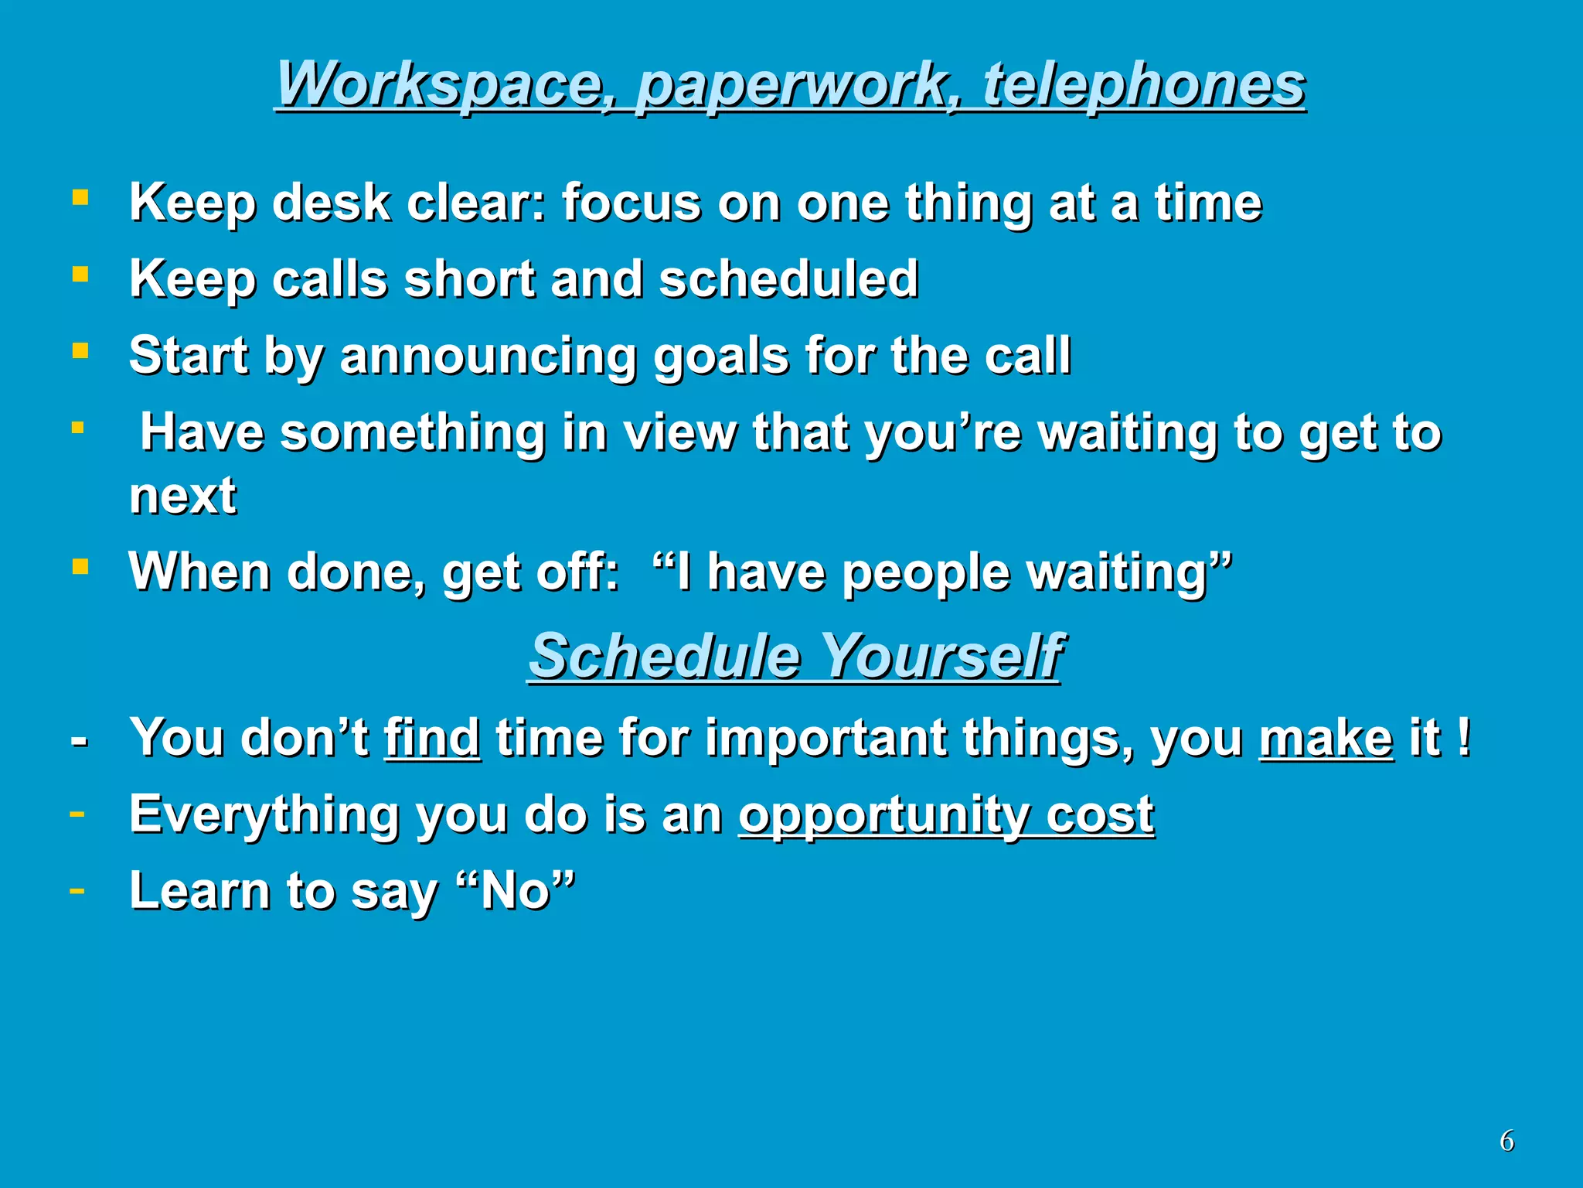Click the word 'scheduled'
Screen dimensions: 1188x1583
click(x=788, y=278)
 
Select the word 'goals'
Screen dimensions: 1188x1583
click(x=721, y=357)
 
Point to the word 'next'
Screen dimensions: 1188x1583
click(x=182, y=495)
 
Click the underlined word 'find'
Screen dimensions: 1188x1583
click(x=432, y=737)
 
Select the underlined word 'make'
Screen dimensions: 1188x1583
click(x=1326, y=737)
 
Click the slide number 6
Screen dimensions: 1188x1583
click(x=1506, y=1141)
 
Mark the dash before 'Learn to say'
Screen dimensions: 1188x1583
click(x=77, y=890)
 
